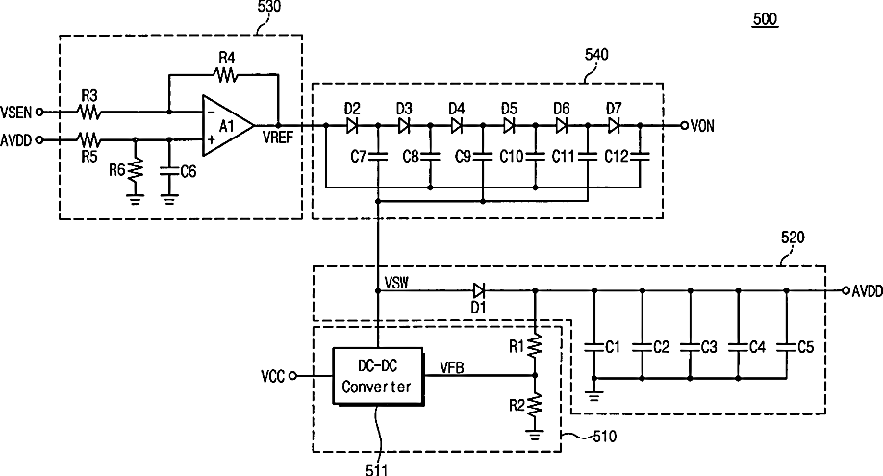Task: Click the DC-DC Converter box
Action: [378, 376]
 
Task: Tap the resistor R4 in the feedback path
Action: [226, 74]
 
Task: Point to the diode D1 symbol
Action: [479, 290]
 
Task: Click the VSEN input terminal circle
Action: [39, 113]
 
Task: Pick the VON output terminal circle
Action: [684, 125]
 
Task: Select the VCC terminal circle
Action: [292, 376]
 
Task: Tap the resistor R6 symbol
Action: [136, 169]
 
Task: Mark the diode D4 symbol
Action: [457, 125]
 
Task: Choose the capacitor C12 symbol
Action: [640, 156]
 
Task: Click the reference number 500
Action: [765, 19]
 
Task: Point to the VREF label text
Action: [278, 138]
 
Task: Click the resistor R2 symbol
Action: [535, 405]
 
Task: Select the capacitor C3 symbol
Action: [691, 347]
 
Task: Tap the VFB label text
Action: [452, 368]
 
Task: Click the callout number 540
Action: [596, 55]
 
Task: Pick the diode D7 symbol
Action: [614, 125]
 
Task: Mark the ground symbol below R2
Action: [535, 435]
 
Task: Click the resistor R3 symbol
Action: [89, 113]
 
